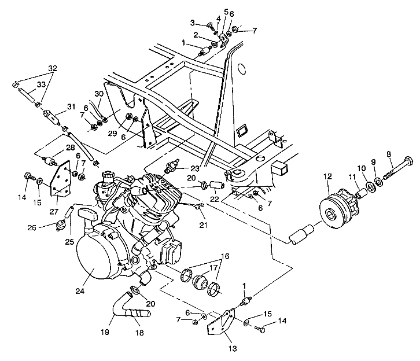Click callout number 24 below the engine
(80, 290)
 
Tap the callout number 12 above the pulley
(327, 176)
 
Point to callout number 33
(41, 84)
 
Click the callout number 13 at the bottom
(233, 348)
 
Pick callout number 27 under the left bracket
(54, 212)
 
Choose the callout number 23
(195, 168)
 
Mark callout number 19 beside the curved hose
(105, 332)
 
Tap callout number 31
(71, 106)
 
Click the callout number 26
(32, 228)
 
